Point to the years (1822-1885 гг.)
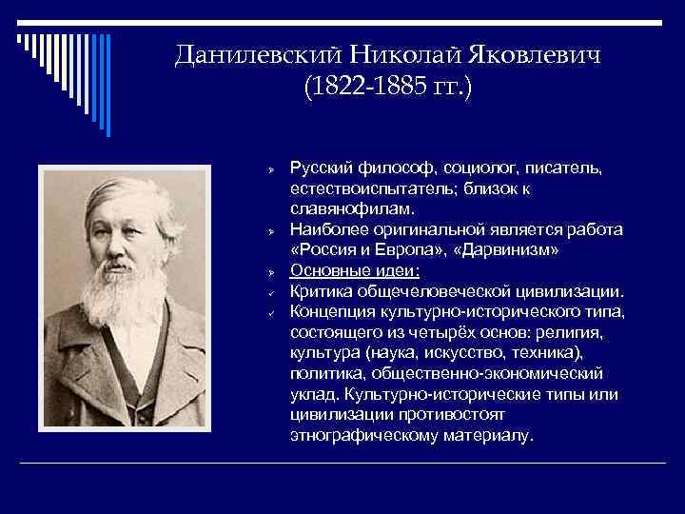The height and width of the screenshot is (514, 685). (387, 88)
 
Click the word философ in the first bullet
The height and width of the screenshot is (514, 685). (392, 168)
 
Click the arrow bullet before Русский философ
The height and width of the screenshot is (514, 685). (271, 169)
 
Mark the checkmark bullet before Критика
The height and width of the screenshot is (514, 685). (271, 291)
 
